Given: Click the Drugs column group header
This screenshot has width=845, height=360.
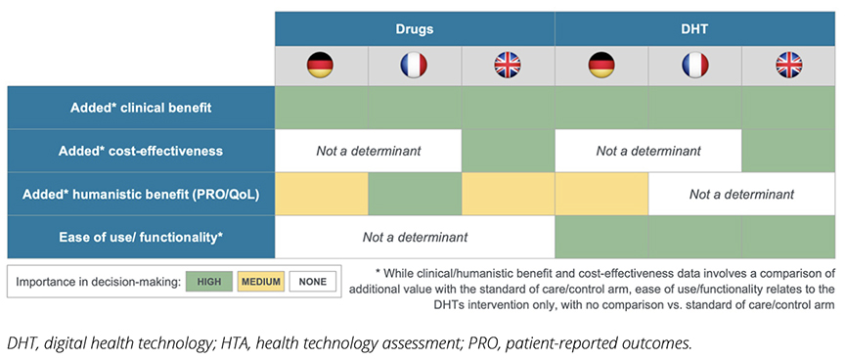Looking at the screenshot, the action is point(415,28).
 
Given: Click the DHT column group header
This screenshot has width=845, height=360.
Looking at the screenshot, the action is point(694,28).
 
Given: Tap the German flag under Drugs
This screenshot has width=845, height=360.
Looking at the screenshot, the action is point(320,66).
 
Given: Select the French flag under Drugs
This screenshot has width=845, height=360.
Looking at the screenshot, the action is point(414,66).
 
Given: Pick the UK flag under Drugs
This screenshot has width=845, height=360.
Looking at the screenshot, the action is point(508,66).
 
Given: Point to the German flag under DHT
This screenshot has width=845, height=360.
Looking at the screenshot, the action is point(601,66).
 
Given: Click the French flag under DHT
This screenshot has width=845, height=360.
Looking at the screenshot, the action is point(695,66).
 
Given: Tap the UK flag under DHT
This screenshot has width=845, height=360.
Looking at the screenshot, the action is point(789,66).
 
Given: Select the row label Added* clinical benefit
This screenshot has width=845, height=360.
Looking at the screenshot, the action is point(141,108).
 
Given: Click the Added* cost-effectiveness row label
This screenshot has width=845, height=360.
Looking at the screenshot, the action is point(141,151).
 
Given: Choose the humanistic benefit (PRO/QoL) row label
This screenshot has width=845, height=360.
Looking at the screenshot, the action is point(141,194).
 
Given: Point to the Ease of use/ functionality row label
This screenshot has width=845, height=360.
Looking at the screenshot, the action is point(141,237).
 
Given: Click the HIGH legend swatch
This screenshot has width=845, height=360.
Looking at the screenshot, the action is point(209,282).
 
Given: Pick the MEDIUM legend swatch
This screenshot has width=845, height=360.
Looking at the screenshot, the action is point(261,282).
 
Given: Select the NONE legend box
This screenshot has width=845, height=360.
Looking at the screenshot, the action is point(313,282).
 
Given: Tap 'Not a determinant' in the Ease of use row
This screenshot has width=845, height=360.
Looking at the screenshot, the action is point(415,237).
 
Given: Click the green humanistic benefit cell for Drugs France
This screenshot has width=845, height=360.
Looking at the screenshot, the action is point(415,194).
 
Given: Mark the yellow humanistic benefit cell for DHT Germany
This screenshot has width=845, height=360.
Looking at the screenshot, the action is point(601,194).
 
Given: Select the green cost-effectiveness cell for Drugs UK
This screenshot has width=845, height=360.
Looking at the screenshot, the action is point(509,151).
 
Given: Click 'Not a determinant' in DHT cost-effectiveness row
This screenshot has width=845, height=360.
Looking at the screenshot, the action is point(648,151).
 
